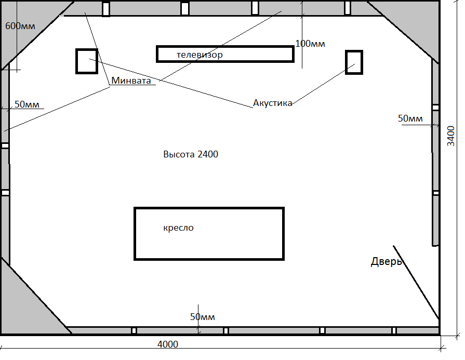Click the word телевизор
point(200,55)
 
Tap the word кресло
point(178,228)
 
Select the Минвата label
point(131,81)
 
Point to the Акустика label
point(272,103)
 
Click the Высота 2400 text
point(191,154)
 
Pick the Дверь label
point(386,262)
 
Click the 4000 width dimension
point(167,344)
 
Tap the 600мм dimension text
point(20,26)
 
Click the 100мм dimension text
point(310,44)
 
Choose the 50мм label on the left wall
point(27,104)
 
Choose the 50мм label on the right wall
point(410,118)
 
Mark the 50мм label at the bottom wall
point(202,317)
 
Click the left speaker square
point(87,61)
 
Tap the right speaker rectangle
point(354,62)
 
